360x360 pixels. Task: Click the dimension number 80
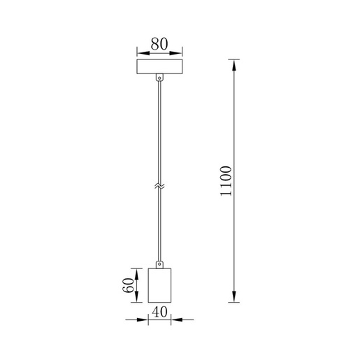pyautogui.click(x=159, y=43)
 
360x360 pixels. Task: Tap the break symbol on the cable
pyautogui.click(x=159, y=187)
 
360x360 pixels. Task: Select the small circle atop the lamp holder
pyautogui.click(x=159, y=264)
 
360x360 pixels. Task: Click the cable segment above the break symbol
pyautogui.click(x=159, y=133)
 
